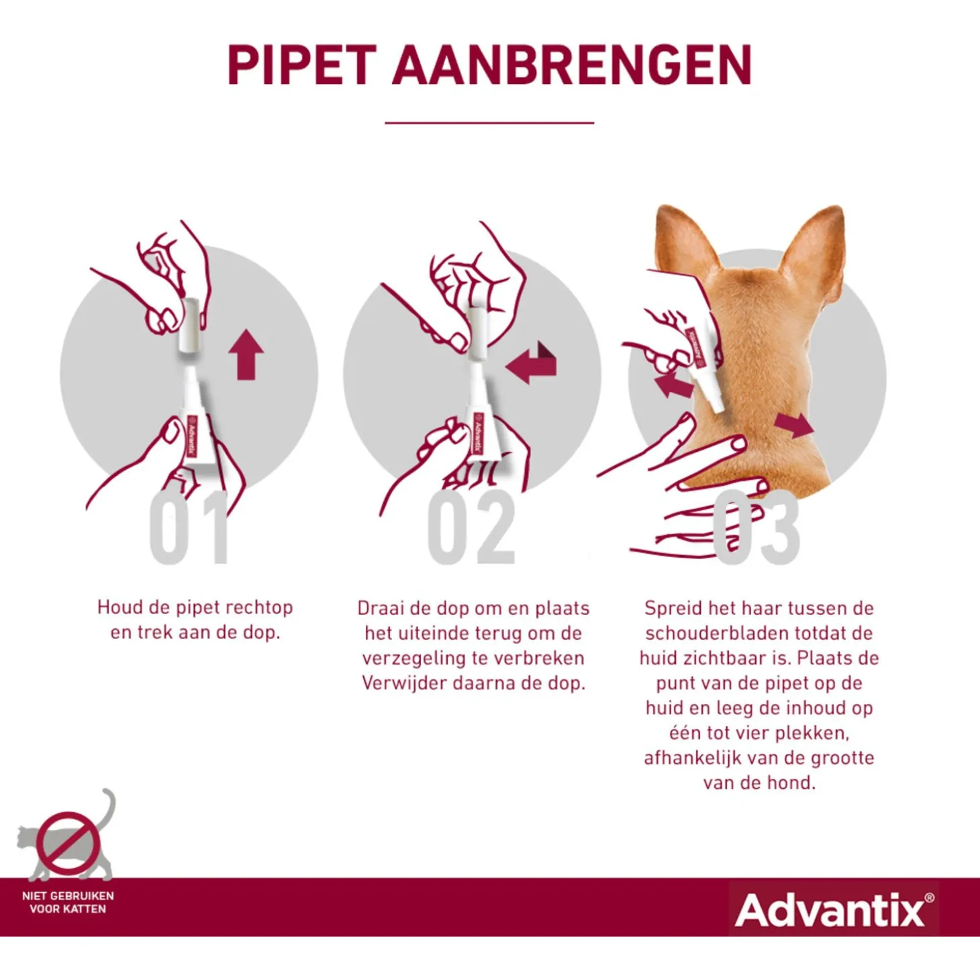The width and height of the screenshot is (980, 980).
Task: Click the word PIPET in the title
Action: coord(302,65)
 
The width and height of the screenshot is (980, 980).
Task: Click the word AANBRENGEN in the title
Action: coord(572,65)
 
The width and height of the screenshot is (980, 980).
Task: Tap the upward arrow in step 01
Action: coord(246,354)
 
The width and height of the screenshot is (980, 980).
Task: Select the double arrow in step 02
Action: coord(532,362)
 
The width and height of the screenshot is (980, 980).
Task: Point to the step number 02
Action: coord(471,528)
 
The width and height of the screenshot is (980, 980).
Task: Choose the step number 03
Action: coord(756,528)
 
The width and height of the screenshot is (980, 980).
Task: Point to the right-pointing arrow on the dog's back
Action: coord(794,425)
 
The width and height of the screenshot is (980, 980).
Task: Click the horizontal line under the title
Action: coord(489,123)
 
